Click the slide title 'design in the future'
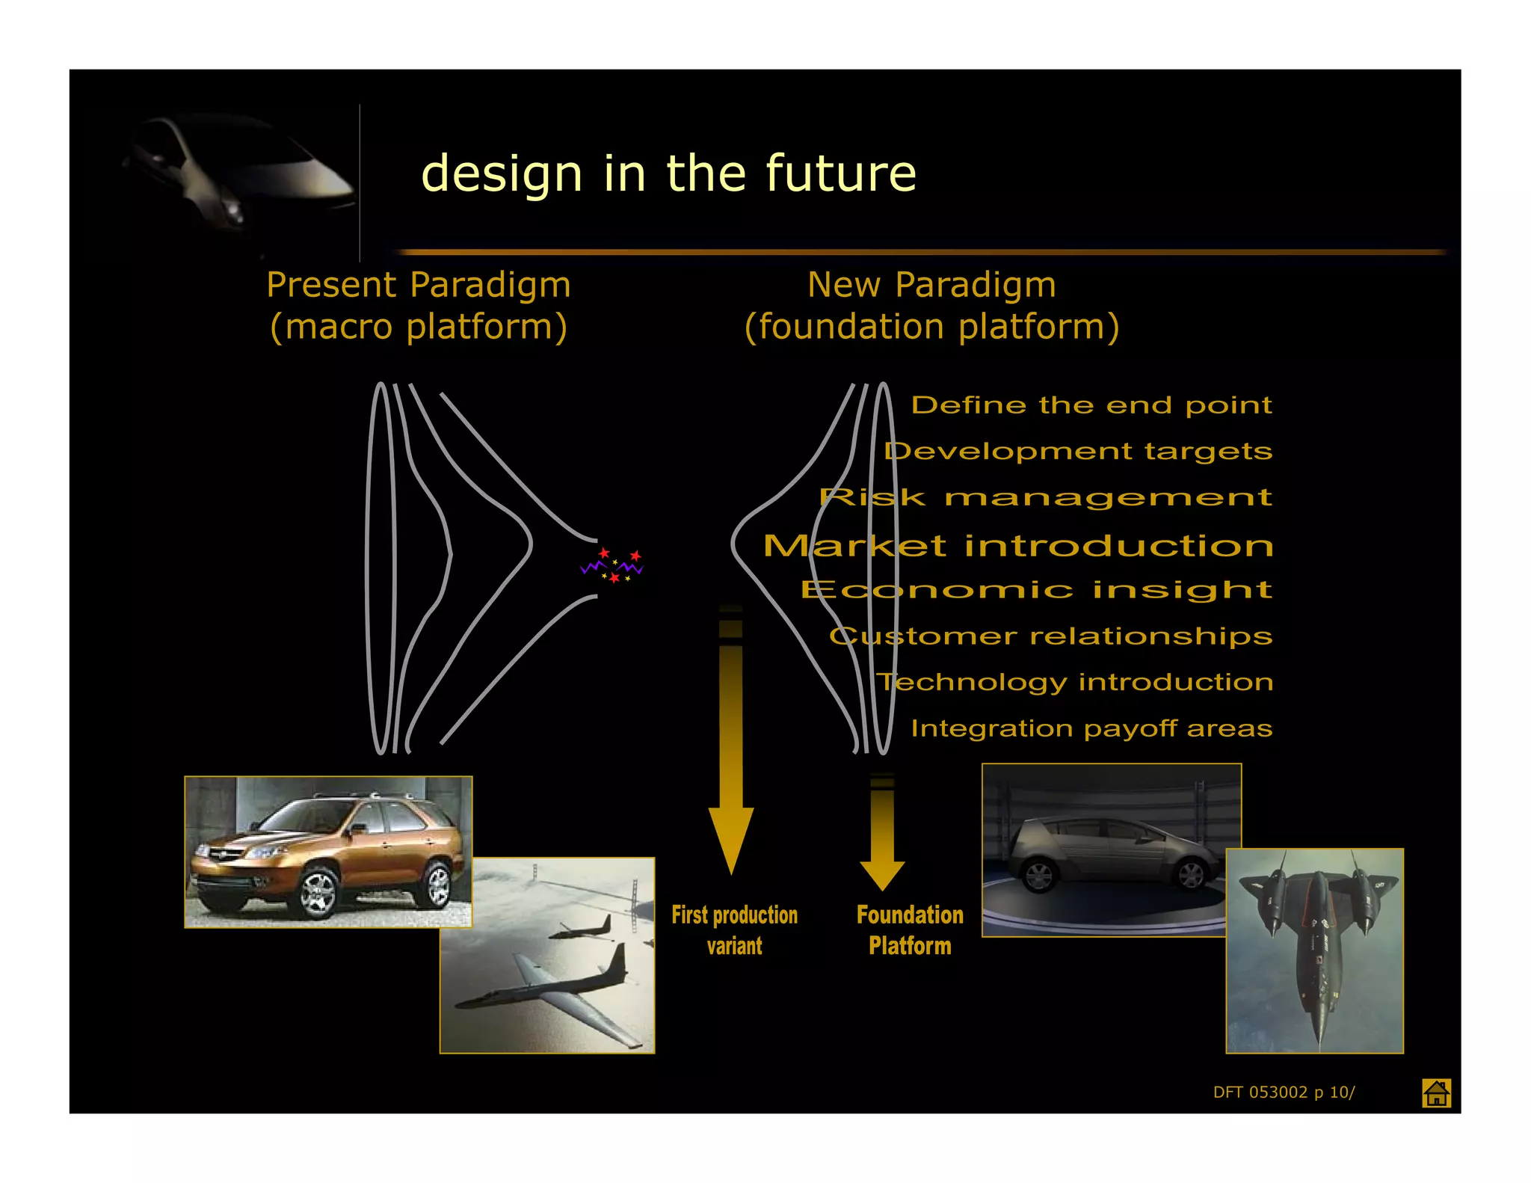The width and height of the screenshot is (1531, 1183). pos(668,173)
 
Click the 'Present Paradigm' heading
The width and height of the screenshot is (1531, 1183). pos(419,285)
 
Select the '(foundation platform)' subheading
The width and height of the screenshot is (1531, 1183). pos(931,327)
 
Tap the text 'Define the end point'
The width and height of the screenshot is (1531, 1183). pos(1091,405)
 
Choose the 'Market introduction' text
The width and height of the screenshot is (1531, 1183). pos(1018,546)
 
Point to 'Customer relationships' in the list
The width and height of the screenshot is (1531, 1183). pos(1050,636)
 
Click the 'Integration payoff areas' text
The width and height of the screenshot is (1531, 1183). pos(1091,728)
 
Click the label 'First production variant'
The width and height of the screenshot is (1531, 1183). pos(734,930)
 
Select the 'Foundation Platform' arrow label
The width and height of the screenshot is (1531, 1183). pos(910,930)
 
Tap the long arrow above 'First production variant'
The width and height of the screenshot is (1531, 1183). pos(730,748)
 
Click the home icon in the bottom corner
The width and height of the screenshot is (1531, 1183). pos(1436,1093)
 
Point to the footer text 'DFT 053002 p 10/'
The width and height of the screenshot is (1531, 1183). pos(1284,1092)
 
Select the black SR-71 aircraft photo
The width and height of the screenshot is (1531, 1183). pos(1314,950)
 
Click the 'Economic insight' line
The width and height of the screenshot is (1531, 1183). pos(1036,590)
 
